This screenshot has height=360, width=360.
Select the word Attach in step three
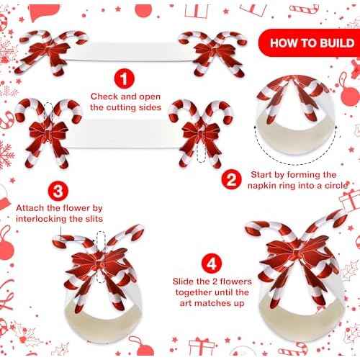[31, 207]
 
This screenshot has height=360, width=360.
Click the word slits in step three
[91, 218]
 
